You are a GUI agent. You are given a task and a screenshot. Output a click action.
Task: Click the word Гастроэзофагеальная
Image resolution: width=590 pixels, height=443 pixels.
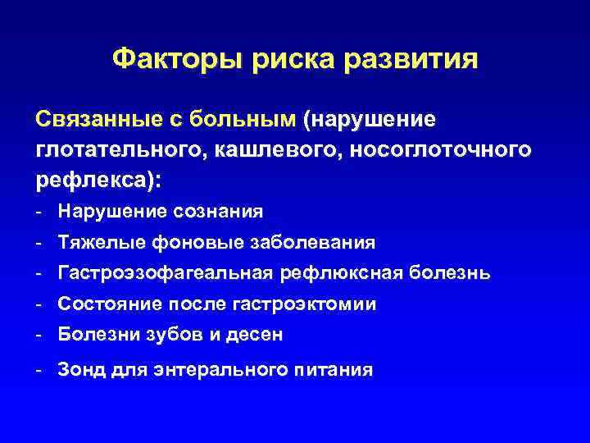tap(164, 273)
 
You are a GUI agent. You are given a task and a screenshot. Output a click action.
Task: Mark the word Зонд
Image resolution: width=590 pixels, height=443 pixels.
tap(79, 369)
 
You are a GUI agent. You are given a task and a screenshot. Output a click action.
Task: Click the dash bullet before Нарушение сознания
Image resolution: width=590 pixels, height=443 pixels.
tap(39, 212)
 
